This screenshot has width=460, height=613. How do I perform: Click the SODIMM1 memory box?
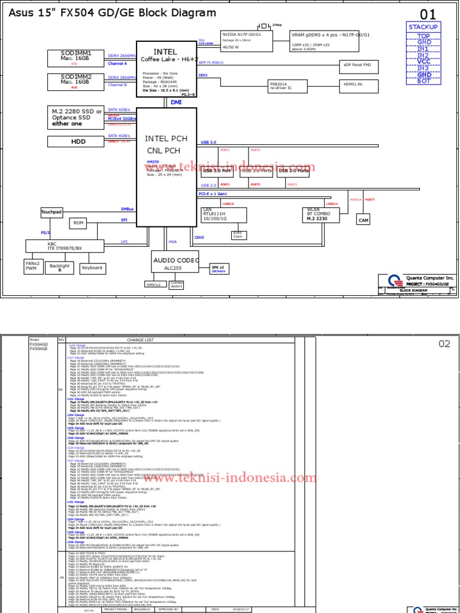click(75, 57)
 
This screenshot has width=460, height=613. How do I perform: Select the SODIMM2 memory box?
click(75, 81)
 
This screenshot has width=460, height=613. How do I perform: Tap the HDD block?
click(75, 141)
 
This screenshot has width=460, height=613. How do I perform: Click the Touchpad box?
click(52, 213)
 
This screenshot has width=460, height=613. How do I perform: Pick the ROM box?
click(78, 223)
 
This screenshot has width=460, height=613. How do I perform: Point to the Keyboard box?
click(92, 268)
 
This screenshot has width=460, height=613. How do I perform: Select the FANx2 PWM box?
click(32, 266)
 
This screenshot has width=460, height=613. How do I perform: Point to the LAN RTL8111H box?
click(220, 214)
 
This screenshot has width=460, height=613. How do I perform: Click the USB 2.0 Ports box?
click(294, 171)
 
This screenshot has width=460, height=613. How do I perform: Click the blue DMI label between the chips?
click(176, 102)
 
